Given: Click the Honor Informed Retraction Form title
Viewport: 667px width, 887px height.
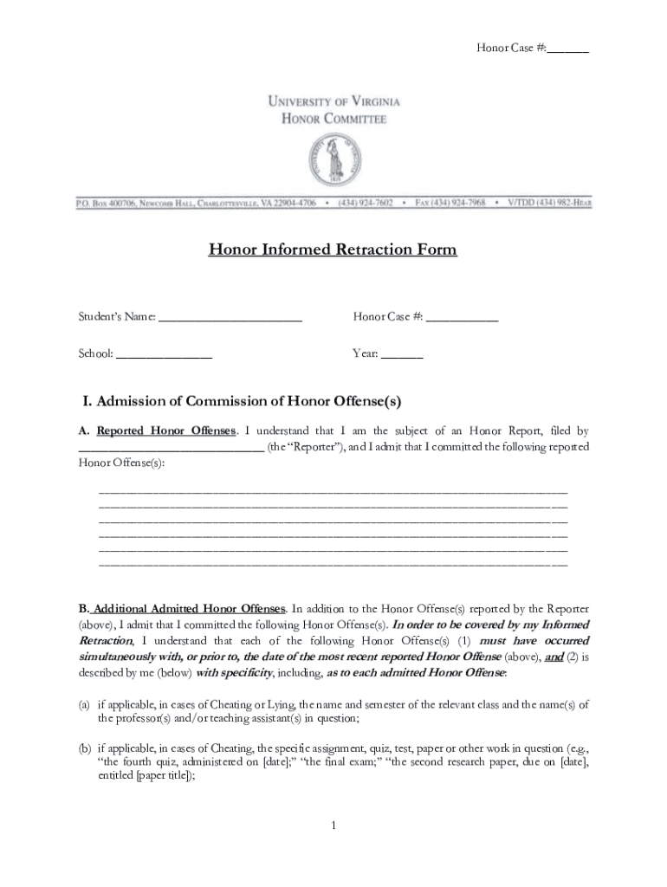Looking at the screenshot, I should pyautogui.click(x=333, y=250).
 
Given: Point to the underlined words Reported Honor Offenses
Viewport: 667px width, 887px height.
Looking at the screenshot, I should pyautogui.click(x=165, y=431).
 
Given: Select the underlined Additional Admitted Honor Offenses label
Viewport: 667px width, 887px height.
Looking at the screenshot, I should pyautogui.click(x=187, y=608).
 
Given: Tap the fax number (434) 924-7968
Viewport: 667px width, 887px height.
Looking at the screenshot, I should pyautogui.click(x=462, y=204).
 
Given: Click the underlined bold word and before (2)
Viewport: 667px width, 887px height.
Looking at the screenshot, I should pyautogui.click(x=554, y=657).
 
